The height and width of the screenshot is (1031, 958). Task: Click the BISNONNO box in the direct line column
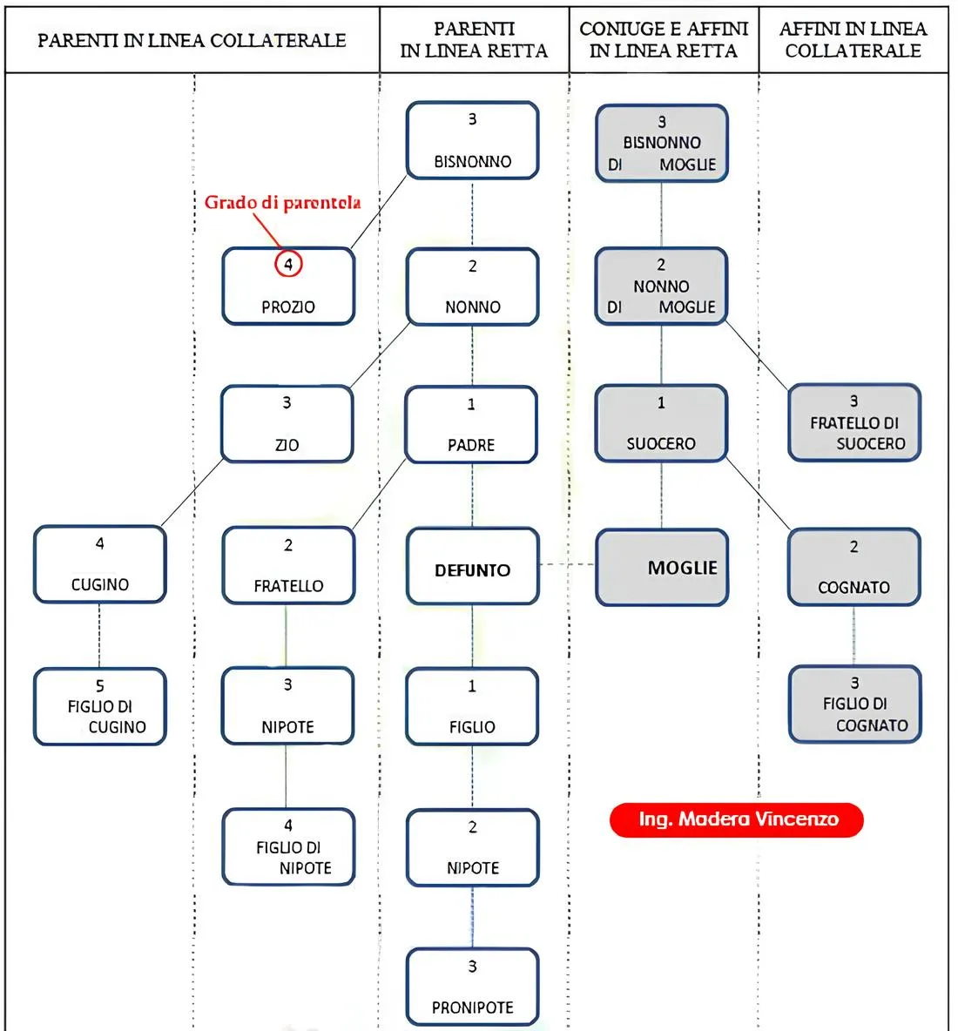click(472, 140)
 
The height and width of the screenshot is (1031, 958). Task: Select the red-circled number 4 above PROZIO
click(288, 263)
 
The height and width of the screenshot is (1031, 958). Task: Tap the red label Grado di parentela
click(282, 203)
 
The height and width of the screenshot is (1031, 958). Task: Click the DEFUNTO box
click(472, 566)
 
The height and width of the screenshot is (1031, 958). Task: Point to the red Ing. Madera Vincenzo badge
click(737, 819)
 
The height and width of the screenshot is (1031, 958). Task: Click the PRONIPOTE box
click(472, 987)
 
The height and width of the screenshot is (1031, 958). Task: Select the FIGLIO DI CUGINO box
click(100, 706)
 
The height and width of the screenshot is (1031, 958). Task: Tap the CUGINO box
click(100, 564)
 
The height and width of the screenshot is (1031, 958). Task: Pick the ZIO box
click(287, 424)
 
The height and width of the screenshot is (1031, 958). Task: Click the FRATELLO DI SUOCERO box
click(854, 422)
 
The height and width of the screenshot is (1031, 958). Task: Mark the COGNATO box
click(854, 567)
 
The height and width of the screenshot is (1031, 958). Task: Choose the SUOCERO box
click(661, 423)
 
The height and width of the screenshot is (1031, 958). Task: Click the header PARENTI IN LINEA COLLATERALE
click(192, 40)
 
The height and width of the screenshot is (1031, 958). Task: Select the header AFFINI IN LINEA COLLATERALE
click(853, 40)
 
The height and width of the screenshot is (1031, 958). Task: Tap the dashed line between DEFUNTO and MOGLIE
click(567, 564)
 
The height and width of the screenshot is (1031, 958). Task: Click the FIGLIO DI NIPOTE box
click(288, 847)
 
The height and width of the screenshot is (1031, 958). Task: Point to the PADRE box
click(471, 425)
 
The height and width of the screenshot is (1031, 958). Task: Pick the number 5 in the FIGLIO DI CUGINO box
click(100, 686)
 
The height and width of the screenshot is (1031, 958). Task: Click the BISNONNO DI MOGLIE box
click(662, 143)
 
